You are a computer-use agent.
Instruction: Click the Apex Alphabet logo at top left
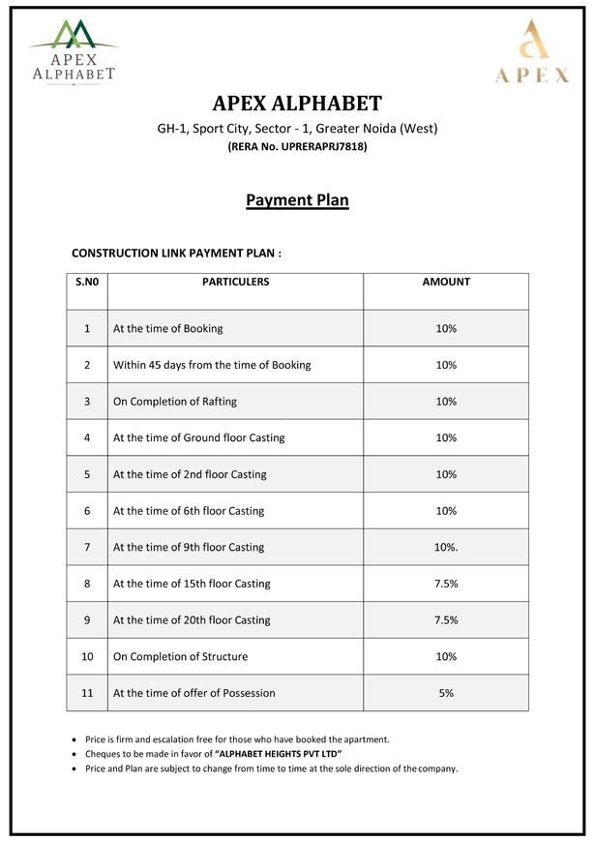[x=74, y=52]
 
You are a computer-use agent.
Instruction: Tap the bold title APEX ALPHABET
[x=297, y=104]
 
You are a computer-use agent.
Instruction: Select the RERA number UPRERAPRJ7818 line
[x=297, y=147]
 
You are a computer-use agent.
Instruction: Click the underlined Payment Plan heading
[x=297, y=200]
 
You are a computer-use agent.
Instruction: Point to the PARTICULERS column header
[x=235, y=283]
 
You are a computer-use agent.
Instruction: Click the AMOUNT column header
[x=446, y=283]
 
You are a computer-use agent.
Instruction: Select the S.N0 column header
[x=87, y=283]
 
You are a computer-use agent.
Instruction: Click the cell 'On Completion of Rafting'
[x=175, y=402]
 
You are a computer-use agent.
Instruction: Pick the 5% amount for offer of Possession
[x=446, y=693]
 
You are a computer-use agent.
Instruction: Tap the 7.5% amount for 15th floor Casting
[x=446, y=584]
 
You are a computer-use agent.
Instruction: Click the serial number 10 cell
[x=87, y=657]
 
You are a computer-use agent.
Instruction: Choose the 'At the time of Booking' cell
[x=168, y=328]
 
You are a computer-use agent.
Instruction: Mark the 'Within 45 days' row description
[x=212, y=365]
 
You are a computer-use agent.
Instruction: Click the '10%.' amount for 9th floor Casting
[x=446, y=548]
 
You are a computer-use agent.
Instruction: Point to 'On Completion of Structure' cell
[x=181, y=657]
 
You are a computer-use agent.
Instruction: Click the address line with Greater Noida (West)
[x=297, y=129]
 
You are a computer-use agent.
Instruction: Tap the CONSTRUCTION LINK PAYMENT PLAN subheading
[x=177, y=253]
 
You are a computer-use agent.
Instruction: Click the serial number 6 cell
[x=87, y=511]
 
